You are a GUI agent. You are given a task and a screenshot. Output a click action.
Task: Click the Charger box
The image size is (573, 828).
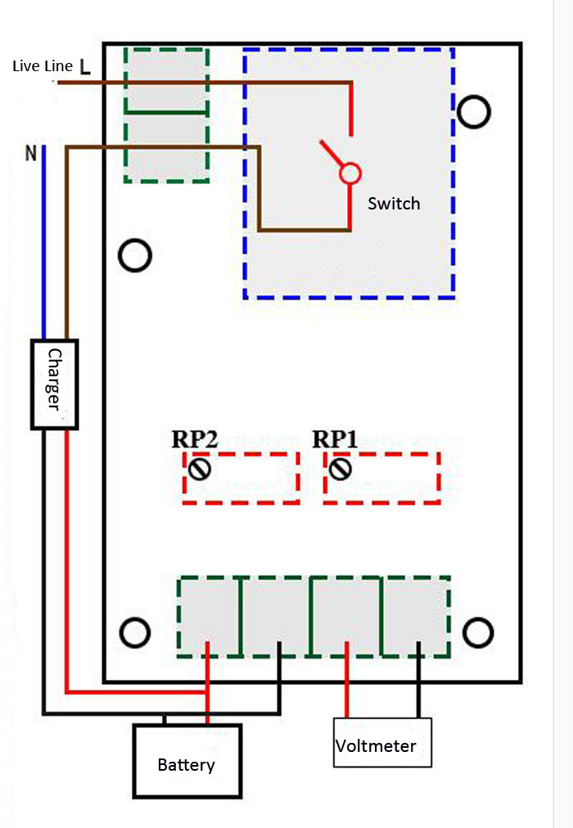pos(54,384)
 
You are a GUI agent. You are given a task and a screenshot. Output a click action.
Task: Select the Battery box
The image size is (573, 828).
pos(187,760)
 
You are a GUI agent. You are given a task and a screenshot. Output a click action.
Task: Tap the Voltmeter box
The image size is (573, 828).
pos(382,742)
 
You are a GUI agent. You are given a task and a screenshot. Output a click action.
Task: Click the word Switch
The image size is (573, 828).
pos(394,203)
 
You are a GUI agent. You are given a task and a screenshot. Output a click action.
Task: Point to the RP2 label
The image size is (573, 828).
pos(194,439)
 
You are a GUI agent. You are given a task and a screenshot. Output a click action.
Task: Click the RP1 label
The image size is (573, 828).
pos(335,439)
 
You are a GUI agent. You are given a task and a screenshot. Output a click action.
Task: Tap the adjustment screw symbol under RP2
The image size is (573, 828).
pos(200,468)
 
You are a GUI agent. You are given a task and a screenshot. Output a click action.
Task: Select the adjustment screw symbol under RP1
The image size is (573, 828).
pos(340,468)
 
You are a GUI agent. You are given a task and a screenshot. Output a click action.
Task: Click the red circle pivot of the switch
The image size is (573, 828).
pos(350,173)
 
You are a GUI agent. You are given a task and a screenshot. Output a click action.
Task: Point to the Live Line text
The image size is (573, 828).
pos(43,66)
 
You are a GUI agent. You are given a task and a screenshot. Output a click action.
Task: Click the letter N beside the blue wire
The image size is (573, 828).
pos(31,153)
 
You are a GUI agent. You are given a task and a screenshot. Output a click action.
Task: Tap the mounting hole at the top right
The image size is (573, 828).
pos(474,111)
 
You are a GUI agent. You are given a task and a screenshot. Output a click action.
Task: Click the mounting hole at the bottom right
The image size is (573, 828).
pos(478,632)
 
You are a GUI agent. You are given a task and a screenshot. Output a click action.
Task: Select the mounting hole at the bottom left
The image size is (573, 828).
pos(135,632)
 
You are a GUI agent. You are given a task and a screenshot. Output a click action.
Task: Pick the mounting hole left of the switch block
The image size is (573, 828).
pos(135,255)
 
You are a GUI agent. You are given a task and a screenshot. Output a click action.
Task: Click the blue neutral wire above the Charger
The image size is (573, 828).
pos(44,242)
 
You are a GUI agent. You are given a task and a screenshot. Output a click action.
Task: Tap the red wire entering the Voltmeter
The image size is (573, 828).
pos(346,680)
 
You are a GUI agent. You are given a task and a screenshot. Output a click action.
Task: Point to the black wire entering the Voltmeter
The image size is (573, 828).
pos(418,680)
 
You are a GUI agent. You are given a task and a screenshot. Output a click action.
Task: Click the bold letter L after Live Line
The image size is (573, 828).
pos(84,66)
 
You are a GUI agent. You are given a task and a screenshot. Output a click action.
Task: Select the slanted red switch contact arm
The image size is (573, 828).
pos(331,153)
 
